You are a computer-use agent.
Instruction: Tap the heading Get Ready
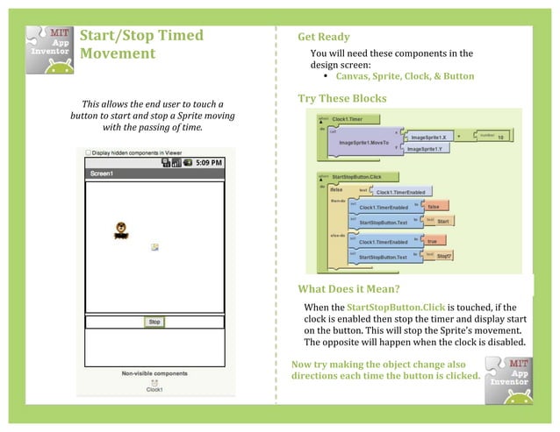[323, 37]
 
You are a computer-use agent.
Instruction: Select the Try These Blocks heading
[341, 98]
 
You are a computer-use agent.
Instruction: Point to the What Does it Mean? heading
[348, 289]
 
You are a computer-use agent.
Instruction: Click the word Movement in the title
[117, 54]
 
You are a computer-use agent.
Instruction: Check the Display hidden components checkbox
[89, 152]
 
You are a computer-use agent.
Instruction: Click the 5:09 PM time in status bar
[208, 163]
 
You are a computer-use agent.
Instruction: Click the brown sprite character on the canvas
[121, 230]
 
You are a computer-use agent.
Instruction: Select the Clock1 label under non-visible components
[154, 390]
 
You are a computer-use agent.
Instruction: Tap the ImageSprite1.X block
[429, 138]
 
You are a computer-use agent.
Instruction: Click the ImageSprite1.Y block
[428, 150]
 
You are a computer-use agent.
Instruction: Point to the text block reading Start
[443, 222]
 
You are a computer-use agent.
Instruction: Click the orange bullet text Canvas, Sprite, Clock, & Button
[398, 76]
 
